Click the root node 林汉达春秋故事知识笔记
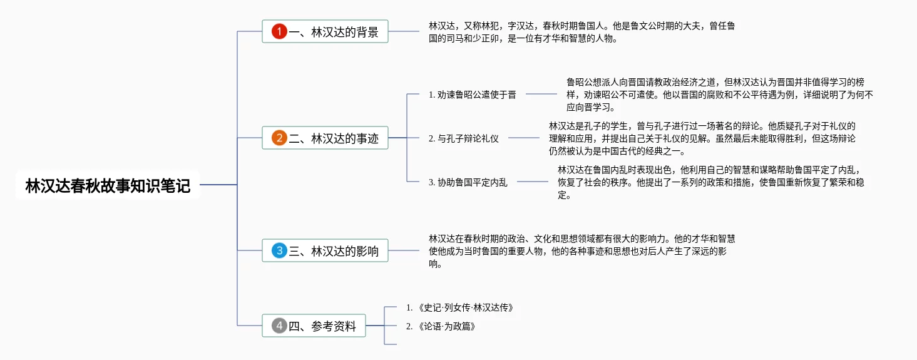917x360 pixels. (x=108, y=185)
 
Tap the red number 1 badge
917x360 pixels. (x=279, y=31)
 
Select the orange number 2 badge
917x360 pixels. (x=279, y=138)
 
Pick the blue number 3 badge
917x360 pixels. (x=279, y=250)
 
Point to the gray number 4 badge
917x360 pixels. (x=279, y=326)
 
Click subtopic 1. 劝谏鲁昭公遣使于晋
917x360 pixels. (x=473, y=95)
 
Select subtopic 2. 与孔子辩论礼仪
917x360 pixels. (x=464, y=138)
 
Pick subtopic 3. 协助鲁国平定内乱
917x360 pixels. (x=468, y=182)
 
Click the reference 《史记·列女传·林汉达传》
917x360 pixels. (x=460, y=307)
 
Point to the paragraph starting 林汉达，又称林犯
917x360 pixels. (x=582, y=32)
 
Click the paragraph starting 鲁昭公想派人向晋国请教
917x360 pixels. (x=719, y=95)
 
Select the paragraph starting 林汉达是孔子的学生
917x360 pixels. (x=702, y=138)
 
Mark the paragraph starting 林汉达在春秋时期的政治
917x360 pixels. (x=582, y=251)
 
